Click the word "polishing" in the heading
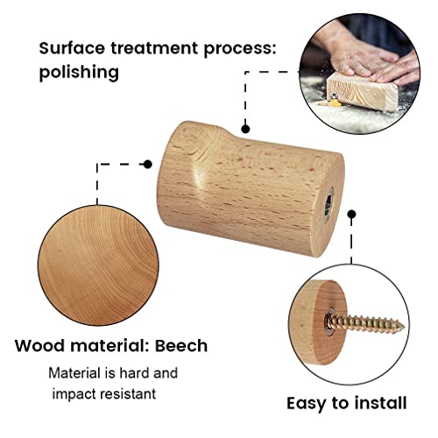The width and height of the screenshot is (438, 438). [x=79, y=72]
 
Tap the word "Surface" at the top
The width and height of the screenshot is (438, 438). [x=72, y=48]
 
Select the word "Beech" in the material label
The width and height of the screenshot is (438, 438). [x=181, y=345]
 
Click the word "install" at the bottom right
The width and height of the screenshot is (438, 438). [x=380, y=403]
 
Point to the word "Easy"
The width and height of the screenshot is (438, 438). [x=307, y=405]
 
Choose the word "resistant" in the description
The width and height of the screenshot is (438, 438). [x=128, y=394]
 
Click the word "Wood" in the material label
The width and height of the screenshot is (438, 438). [x=39, y=345]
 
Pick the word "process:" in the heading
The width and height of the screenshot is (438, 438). [x=240, y=48]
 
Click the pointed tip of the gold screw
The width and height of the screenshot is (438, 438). [x=405, y=326]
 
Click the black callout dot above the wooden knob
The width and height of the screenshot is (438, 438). [x=245, y=129]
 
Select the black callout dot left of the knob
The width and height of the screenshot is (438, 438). [x=148, y=165]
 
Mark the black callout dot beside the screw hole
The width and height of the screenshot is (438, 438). [x=352, y=215]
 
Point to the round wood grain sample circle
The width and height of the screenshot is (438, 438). [x=98, y=265]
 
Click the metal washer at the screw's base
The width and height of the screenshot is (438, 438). [x=330, y=322]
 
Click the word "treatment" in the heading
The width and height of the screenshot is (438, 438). [x=154, y=48]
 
